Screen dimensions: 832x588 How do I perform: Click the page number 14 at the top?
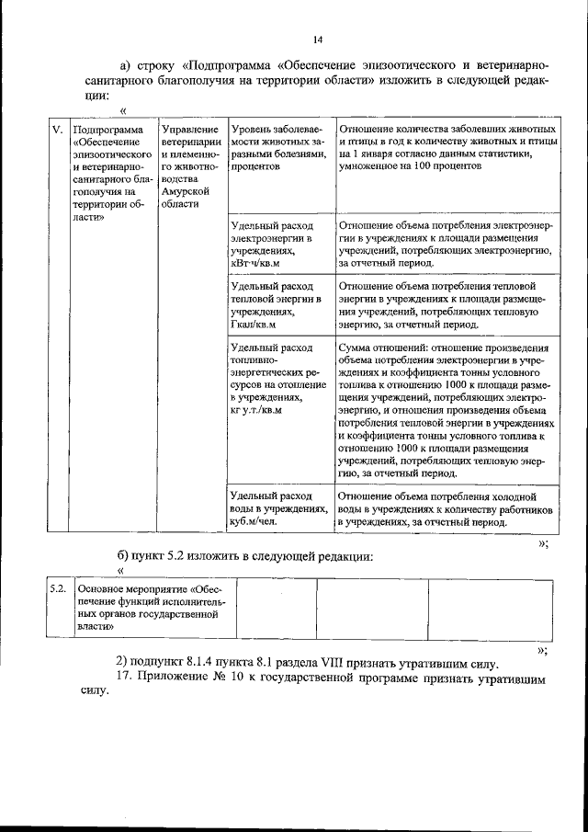(x=317, y=40)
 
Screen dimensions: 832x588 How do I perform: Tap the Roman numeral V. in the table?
(x=55, y=131)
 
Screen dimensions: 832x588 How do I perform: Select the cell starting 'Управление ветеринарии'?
(x=189, y=166)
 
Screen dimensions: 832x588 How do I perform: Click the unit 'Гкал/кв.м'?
(x=254, y=325)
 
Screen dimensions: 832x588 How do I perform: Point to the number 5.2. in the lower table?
(x=56, y=587)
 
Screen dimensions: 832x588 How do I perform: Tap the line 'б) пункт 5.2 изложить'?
(x=244, y=556)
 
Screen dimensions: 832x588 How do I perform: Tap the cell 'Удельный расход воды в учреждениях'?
(x=278, y=508)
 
